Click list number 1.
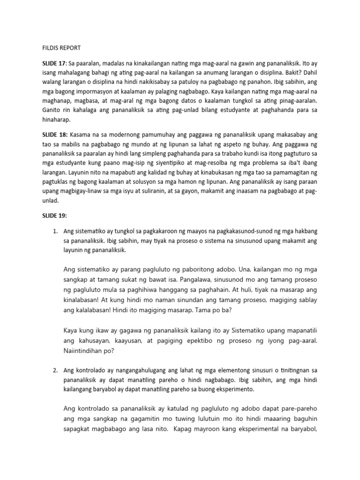[55, 232]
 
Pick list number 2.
[55, 371]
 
